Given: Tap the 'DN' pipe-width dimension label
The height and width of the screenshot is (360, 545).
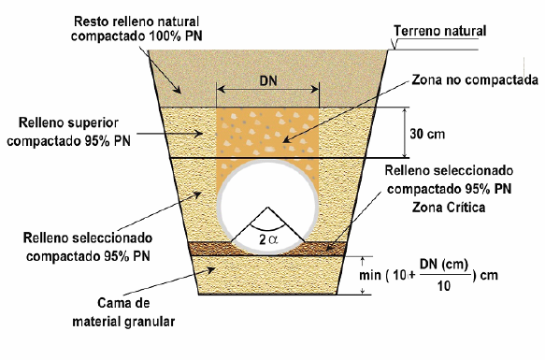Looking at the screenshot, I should coord(267,80).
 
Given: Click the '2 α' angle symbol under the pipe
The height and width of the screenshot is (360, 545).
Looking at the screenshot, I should coord(267,239).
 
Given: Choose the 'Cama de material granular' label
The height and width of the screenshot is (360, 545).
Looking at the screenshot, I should coord(137,313).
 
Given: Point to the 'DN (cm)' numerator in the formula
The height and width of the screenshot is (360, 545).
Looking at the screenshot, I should coord(442,265).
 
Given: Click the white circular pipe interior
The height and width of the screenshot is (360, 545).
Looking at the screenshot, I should coord(267,196).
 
